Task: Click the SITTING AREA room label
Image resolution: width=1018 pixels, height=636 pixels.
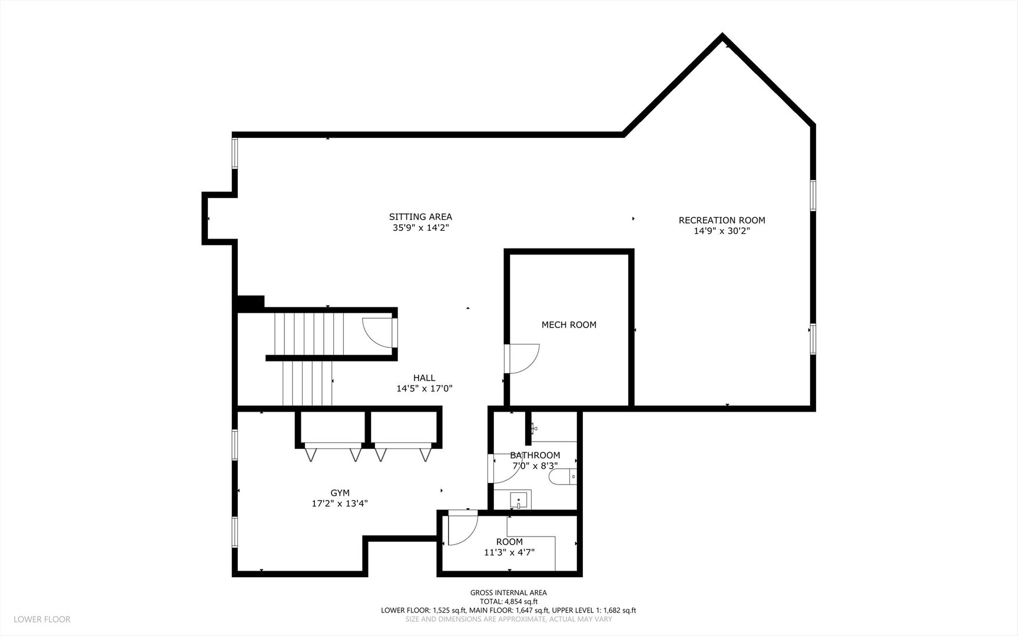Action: pos(420,217)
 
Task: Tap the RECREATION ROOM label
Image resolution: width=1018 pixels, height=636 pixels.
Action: pos(722,220)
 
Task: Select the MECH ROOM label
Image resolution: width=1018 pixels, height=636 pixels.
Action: pos(569,324)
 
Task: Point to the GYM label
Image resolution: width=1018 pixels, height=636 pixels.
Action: pos(340,493)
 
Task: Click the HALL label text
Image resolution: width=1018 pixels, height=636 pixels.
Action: pos(424,378)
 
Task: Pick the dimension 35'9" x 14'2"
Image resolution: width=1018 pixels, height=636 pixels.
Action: pos(420,227)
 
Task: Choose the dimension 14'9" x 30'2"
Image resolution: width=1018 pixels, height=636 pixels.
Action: pos(722,231)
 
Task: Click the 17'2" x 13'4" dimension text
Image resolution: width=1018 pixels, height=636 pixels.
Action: pos(340,503)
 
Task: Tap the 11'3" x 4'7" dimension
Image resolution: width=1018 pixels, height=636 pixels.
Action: pos(509,552)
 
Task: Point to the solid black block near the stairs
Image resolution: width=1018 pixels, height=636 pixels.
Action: pos(250,303)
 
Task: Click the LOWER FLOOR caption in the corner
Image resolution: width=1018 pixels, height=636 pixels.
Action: pos(42,620)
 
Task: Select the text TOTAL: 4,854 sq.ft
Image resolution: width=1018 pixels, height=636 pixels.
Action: pos(509,602)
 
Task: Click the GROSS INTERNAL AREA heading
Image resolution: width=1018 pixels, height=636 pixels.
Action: pos(509,593)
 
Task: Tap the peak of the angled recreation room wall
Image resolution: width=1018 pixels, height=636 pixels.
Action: pos(722,36)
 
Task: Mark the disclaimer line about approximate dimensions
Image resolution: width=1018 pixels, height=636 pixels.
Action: pos(509,620)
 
